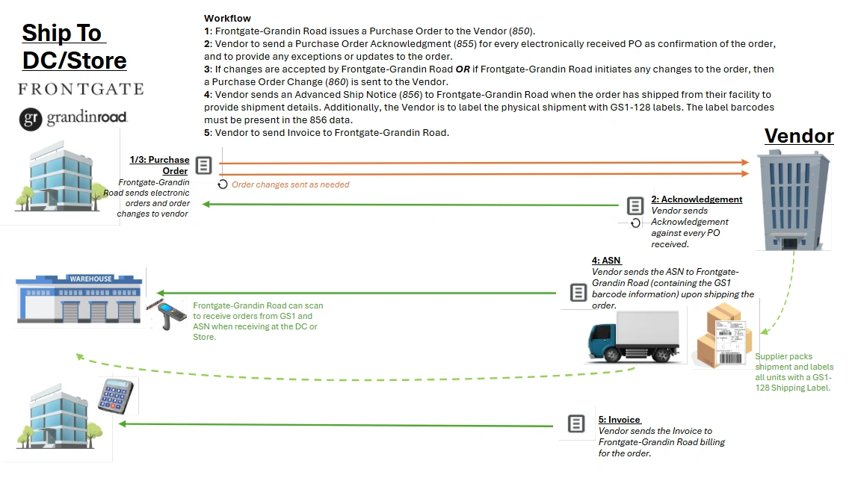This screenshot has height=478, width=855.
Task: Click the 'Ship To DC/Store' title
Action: click(x=74, y=47)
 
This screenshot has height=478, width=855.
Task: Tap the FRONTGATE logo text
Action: click(x=81, y=89)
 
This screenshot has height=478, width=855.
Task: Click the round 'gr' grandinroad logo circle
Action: click(x=31, y=119)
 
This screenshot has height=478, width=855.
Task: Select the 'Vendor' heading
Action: click(x=799, y=136)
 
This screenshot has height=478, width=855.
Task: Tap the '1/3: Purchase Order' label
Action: click(x=159, y=165)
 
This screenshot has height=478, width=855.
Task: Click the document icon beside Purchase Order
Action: click(x=203, y=165)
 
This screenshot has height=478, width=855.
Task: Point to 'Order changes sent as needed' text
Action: click(x=290, y=184)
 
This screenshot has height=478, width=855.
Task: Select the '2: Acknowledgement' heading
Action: click(x=697, y=199)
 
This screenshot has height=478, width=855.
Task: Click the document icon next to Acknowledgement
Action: click(x=635, y=205)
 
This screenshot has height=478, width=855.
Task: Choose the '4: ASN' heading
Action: click(x=606, y=261)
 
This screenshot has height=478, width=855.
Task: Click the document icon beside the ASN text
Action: click(x=578, y=292)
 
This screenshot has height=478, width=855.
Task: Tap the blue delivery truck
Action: click(x=634, y=336)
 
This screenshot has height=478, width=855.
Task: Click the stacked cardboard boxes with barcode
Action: click(x=723, y=336)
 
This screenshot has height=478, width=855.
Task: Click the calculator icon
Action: click(x=116, y=396)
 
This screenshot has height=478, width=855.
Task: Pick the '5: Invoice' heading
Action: click(x=620, y=420)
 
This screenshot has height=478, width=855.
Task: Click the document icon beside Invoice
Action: click(x=576, y=423)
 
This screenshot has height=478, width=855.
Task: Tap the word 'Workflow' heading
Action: click(x=227, y=18)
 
